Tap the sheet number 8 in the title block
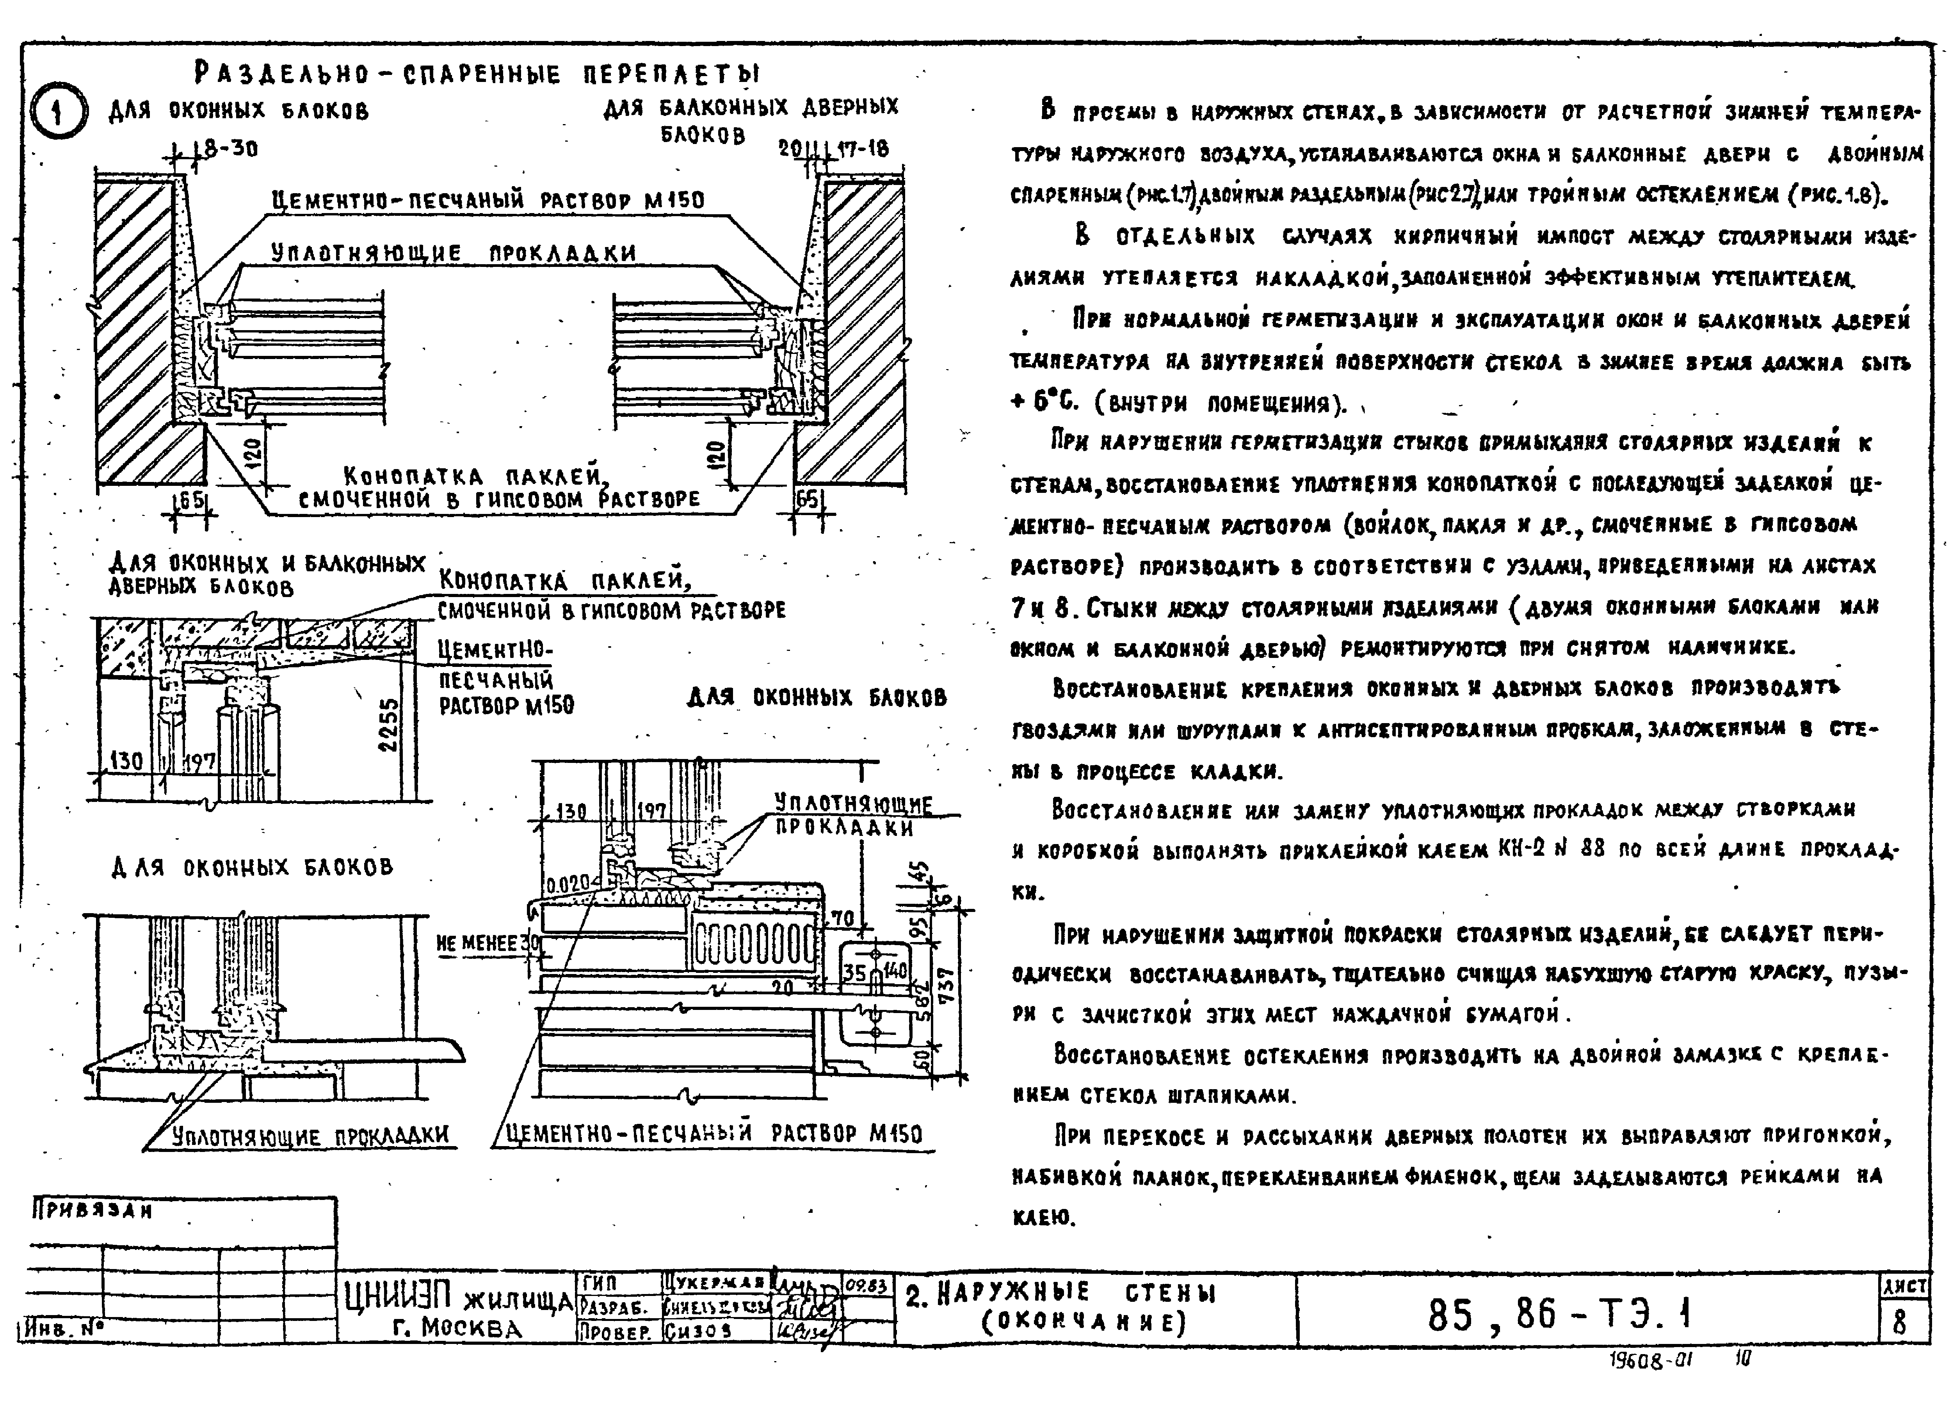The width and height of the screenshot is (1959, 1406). pos(1899,1323)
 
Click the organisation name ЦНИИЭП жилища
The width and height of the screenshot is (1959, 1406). pos(458,1298)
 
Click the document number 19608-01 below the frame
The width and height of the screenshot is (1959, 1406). pos(1650,1360)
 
